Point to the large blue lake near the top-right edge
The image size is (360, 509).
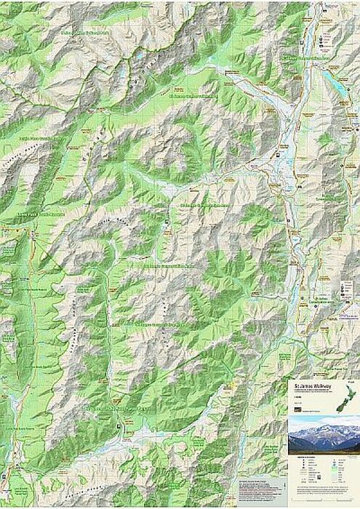[340, 85]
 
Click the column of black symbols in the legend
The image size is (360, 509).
[297, 473]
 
